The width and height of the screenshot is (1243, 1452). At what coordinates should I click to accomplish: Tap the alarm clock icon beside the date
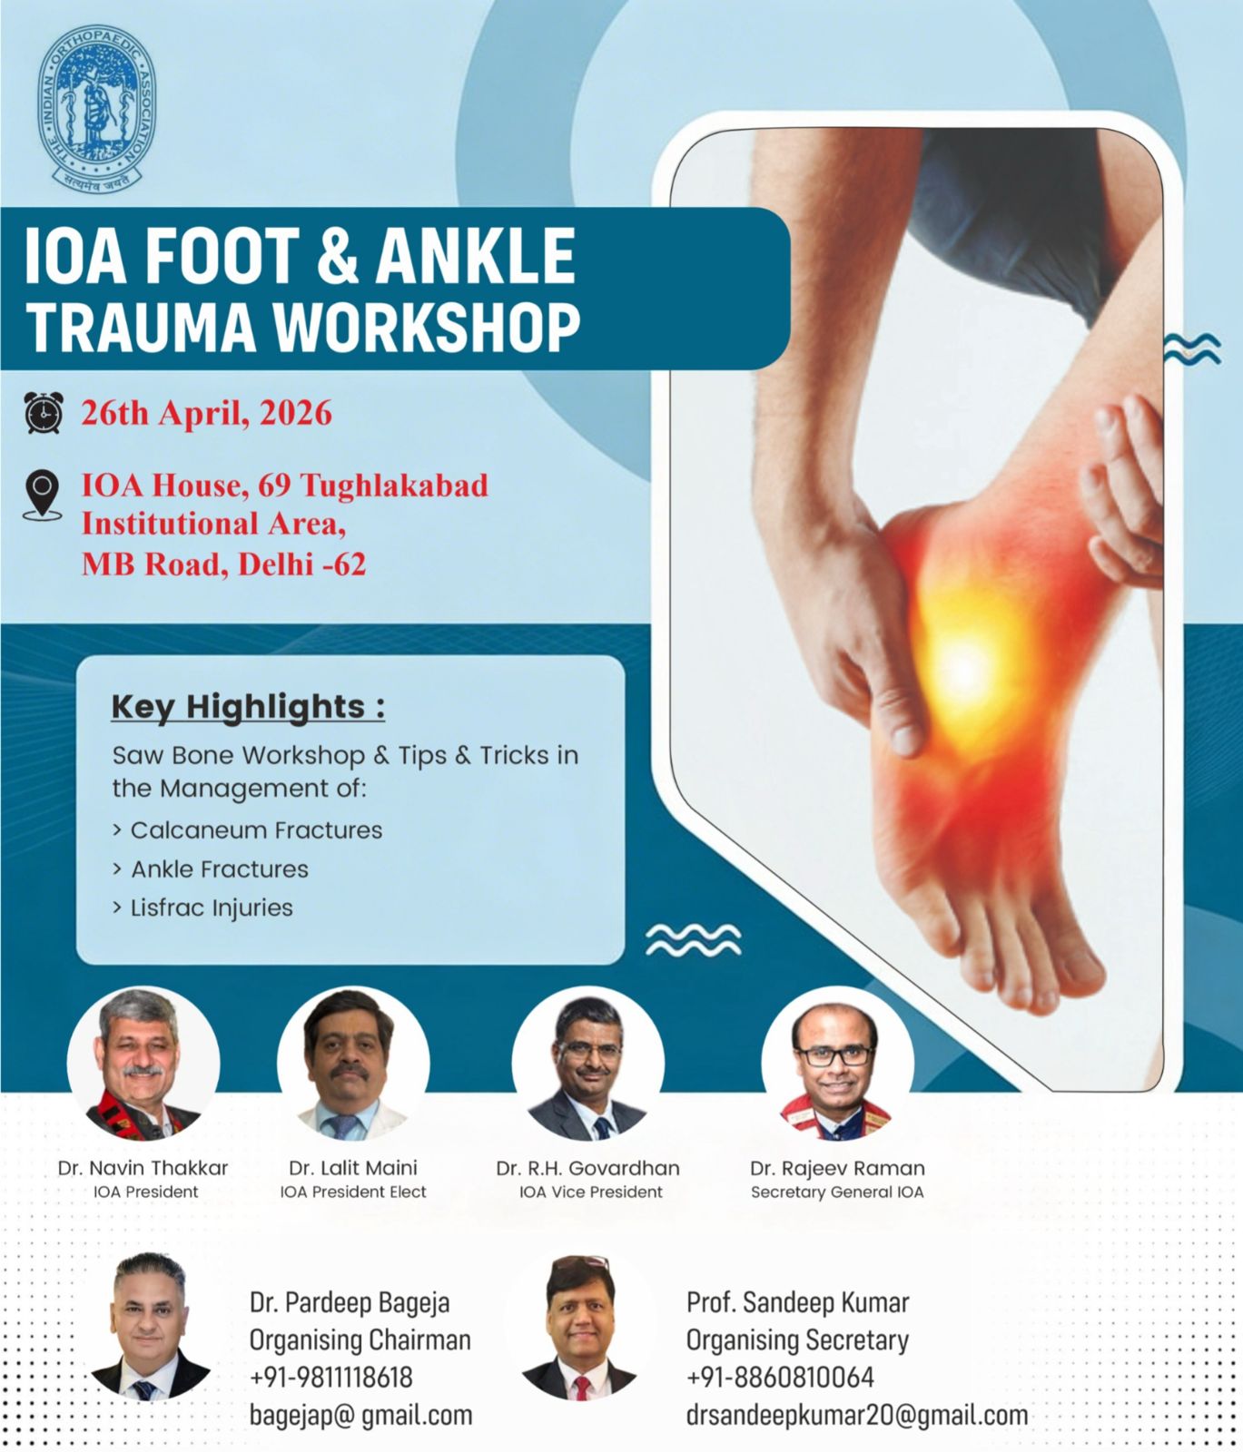(x=44, y=413)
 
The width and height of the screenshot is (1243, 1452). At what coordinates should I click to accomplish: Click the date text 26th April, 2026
(x=207, y=413)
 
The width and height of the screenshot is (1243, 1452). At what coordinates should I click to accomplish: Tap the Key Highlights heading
(x=248, y=707)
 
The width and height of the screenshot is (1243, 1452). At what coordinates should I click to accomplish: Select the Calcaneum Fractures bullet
(x=247, y=830)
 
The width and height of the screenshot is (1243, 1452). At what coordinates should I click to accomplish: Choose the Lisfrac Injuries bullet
(x=202, y=908)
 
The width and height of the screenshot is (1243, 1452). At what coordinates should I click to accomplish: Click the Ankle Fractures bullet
(x=211, y=869)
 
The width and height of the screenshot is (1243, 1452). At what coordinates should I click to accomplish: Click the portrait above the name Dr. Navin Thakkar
(x=143, y=1063)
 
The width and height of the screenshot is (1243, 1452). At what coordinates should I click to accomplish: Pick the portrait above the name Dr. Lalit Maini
(x=352, y=1063)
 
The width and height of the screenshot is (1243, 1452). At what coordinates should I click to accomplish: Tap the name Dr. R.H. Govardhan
(x=587, y=1169)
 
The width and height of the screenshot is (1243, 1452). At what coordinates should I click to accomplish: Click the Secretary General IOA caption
(x=837, y=1192)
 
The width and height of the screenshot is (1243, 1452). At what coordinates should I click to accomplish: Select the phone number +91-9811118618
(x=331, y=1378)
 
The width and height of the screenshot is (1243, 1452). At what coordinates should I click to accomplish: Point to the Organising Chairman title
(x=360, y=1340)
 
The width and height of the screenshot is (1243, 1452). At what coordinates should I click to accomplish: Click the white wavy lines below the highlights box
(x=693, y=941)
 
